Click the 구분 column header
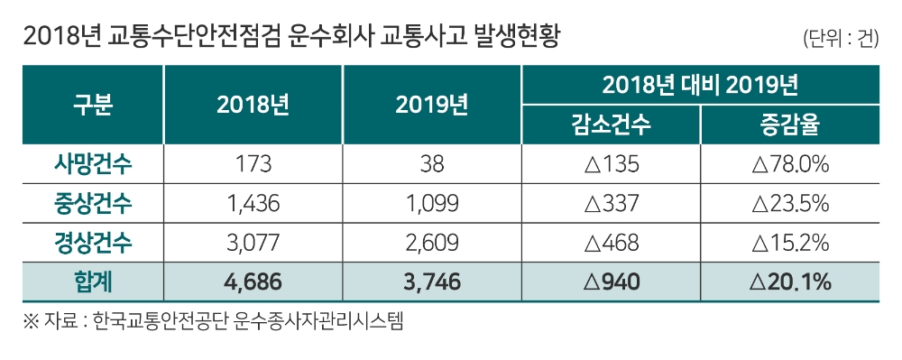[93, 105]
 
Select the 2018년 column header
[253, 105]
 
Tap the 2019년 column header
[431, 105]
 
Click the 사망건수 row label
[93, 165]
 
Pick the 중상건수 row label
[93, 204]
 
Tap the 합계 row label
[93, 282]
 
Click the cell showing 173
[253, 165]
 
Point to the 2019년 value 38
[431, 165]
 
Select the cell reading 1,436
[253, 204]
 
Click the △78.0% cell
[789, 165]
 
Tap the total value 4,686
[253, 282]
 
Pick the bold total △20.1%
[789, 282]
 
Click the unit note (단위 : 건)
[839, 39]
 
